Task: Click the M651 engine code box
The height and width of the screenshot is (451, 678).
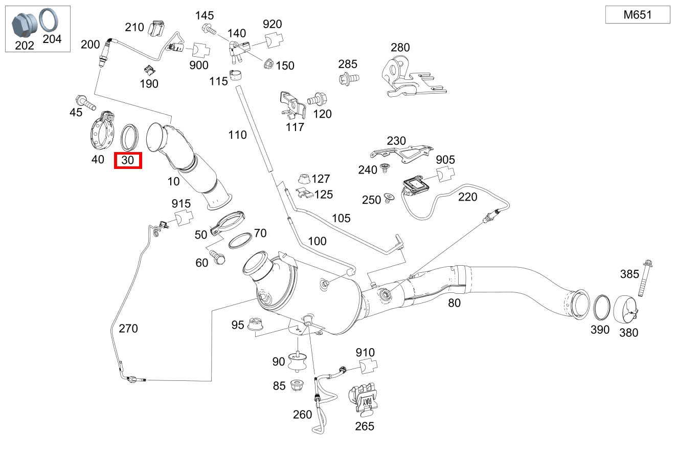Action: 638,14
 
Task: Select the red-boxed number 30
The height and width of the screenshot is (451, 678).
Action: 128,160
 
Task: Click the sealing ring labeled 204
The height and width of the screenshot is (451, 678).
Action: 49,20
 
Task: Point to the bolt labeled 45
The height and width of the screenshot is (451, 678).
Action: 86,102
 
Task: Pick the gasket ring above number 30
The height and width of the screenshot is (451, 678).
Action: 129,138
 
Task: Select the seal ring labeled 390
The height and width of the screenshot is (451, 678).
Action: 602,307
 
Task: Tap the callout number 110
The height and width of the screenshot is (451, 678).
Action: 237,135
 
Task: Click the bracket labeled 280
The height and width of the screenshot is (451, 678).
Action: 411,78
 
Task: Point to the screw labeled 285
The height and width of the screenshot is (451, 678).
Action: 349,78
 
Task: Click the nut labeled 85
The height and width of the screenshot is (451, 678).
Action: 297,385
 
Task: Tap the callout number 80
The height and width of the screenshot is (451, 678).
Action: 454,303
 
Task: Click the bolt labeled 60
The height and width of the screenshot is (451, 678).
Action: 217,256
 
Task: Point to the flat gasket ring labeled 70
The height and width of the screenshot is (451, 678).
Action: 240,241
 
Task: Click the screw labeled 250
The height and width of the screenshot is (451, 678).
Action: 389,198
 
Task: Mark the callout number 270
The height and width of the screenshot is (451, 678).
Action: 128,328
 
